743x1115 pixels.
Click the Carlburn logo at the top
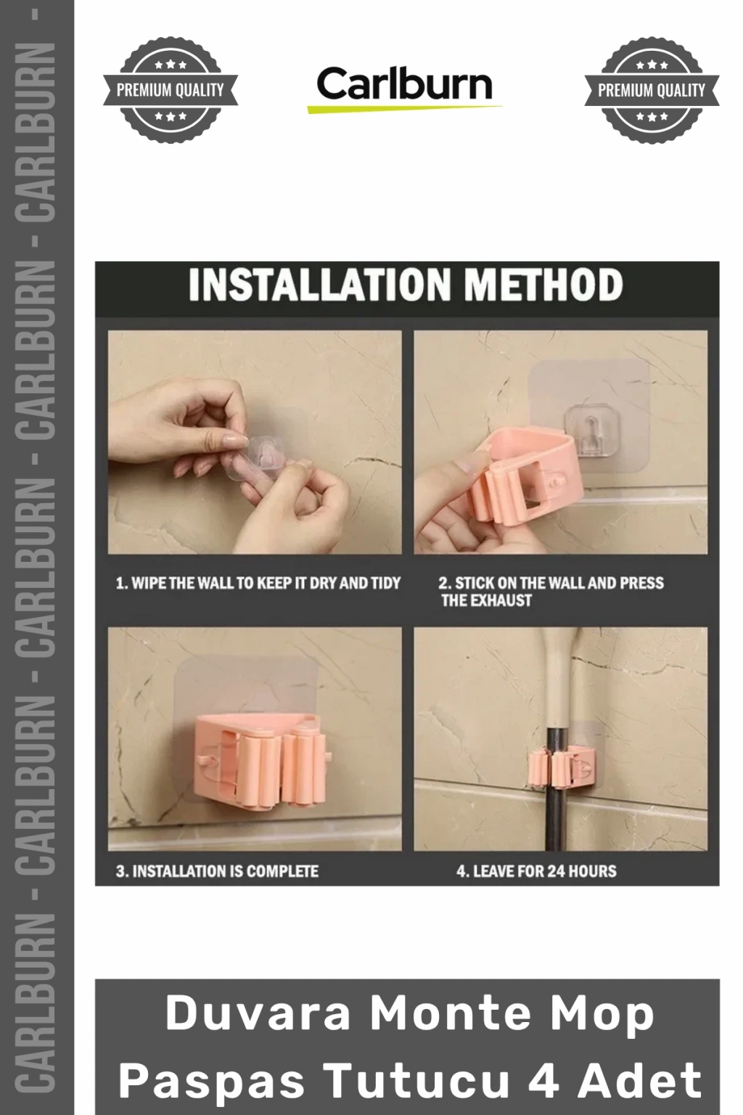click(x=404, y=89)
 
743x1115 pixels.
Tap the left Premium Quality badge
click(x=171, y=90)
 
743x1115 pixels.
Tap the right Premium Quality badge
click(x=652, y=90)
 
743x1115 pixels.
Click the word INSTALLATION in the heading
click(x=320, y=285)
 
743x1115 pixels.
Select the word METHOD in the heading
click(x=543, y=285)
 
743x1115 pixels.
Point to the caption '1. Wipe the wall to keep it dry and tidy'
click(x=258, y=583)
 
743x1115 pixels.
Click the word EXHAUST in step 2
click(x=501, y=600)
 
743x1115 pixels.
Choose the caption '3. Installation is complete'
click(x=217, y=871)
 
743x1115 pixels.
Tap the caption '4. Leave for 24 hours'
click(x=536, y=871)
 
